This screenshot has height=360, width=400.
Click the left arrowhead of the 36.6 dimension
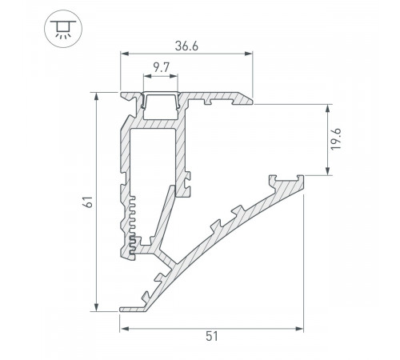click(124, 54)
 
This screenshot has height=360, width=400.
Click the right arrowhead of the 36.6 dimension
click(251, 54)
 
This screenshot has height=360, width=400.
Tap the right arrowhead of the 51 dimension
click(302, 327)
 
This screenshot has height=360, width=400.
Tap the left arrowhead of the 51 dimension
click(124, 327)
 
